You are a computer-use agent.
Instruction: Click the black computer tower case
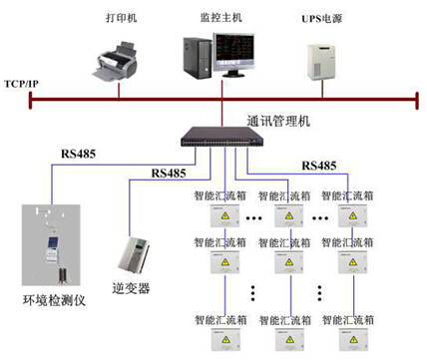(x=196, y=59)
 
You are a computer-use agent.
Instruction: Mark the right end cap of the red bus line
(x=414, y=98)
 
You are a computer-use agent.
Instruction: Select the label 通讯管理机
(x=278, y=119)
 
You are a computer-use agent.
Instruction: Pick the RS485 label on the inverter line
(x=168, y=173)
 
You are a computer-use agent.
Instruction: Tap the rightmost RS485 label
(x=315, y=165)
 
